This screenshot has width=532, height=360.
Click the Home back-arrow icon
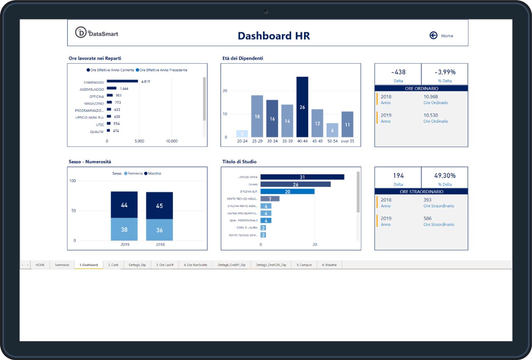[x=433, y=35]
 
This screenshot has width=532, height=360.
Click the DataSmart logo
[x=97, y=33]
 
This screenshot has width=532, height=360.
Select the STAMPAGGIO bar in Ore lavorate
[x=122, y=81]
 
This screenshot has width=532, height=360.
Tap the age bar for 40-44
[x=302, y=107]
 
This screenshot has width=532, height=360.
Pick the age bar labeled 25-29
[x=257, y=116]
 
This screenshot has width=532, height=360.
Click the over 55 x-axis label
[x=347, y=141]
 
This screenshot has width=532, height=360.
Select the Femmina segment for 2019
[x=124, y=229]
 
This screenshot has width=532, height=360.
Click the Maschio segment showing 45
[x=160, y=206]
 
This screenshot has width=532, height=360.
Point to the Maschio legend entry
[x=153, y=173]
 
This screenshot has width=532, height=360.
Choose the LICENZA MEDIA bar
[x=302, y=177]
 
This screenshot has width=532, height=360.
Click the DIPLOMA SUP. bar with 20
[x=287, y=192]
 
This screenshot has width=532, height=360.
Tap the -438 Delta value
[x=398, y=72]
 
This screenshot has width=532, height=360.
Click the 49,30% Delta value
[x=445, y=176]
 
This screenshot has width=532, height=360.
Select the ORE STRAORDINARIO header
[x=421, y=192]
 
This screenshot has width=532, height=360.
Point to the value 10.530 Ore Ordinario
[x=431, y=115]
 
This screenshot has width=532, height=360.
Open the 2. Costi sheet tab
[x=113, y=265]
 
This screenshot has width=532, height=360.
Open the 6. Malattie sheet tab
[x=329, y=265]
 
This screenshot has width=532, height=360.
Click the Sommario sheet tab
[x=62, y=265]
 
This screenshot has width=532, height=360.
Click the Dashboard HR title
[x=274, y=36]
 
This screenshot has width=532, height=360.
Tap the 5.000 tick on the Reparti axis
[x=139, y=141]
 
